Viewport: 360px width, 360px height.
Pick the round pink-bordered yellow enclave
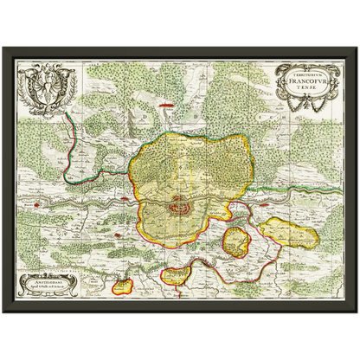[235, 242]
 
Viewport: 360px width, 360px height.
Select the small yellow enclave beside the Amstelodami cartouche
[125, 283]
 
